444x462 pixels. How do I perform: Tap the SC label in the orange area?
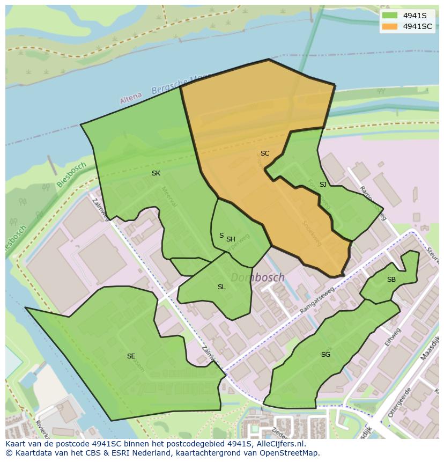(x=265, y=153)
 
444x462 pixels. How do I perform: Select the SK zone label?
(x=156, y=173)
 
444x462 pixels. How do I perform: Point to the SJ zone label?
(x=323, y=185)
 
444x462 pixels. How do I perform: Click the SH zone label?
(x=231, y=239)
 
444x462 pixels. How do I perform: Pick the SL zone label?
(x=221, y=287)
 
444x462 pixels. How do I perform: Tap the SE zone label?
(x=131, y=356)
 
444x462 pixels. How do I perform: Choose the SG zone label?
(x=325, y=355)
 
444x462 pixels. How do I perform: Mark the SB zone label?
(x=391, y=280)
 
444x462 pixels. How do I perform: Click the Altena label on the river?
(x=131, y=98)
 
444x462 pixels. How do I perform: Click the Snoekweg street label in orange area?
(x=312, y=233)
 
